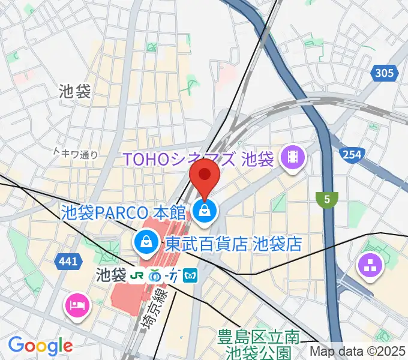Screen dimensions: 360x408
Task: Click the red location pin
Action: pyautogui.click(x=205, y=178)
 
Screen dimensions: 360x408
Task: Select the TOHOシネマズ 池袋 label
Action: pyautogui.click(x=198, y=160)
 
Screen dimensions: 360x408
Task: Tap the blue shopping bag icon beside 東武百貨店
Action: pyautogui.click(x=145, y=242)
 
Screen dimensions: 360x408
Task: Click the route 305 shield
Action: pyautogui.click(x=384, y=74)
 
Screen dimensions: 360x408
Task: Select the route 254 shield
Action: pyautogui.click(x=352, y=155)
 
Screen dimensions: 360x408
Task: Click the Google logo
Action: pyautogui.click(x=40, y=346)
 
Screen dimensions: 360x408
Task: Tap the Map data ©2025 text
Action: pyautogui.click(x=358, y=352)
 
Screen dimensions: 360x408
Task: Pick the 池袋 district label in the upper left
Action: pyautogui.click(x=75, y=91)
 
